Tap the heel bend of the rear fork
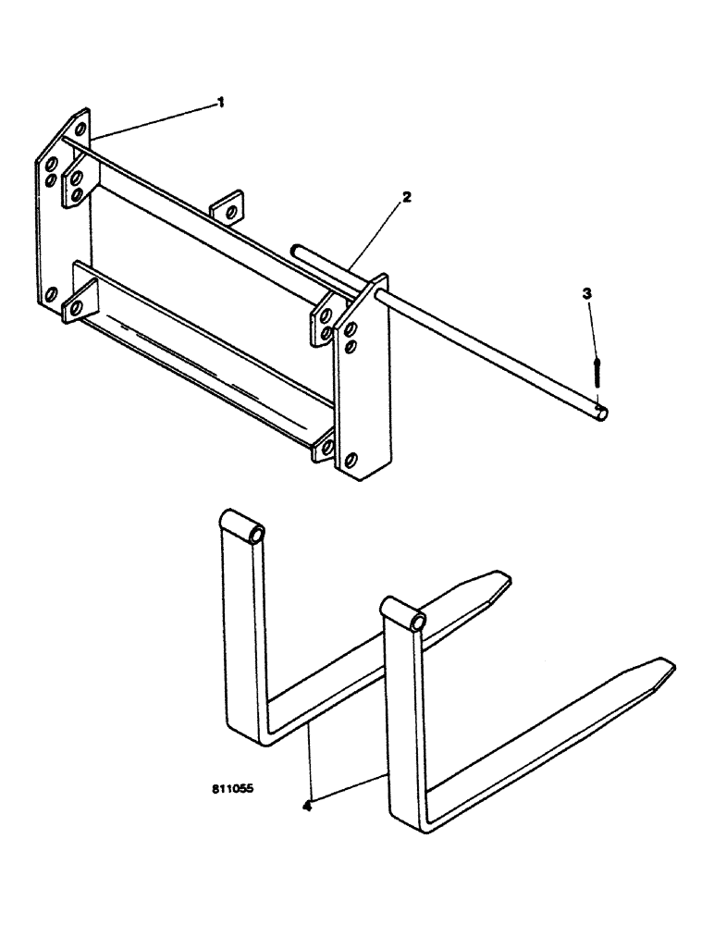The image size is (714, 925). [x=243, y=731]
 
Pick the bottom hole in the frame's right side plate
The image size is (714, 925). [x=351, y=459]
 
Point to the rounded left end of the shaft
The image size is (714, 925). [x=297, y=249]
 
